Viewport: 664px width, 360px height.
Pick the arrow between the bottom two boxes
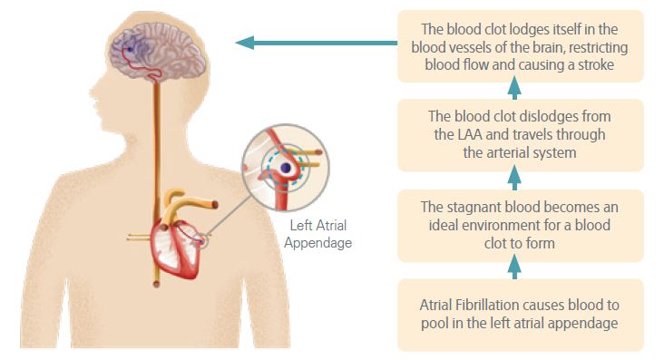pyautogui.click(x=514, y=266)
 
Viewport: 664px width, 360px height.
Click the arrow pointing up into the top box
pyautogui.click(x=514, y=87)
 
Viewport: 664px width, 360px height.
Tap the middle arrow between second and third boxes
pyautogui.click(x=514, y=177)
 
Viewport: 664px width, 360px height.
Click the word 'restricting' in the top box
pyautogui.click(x=591, y=45)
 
